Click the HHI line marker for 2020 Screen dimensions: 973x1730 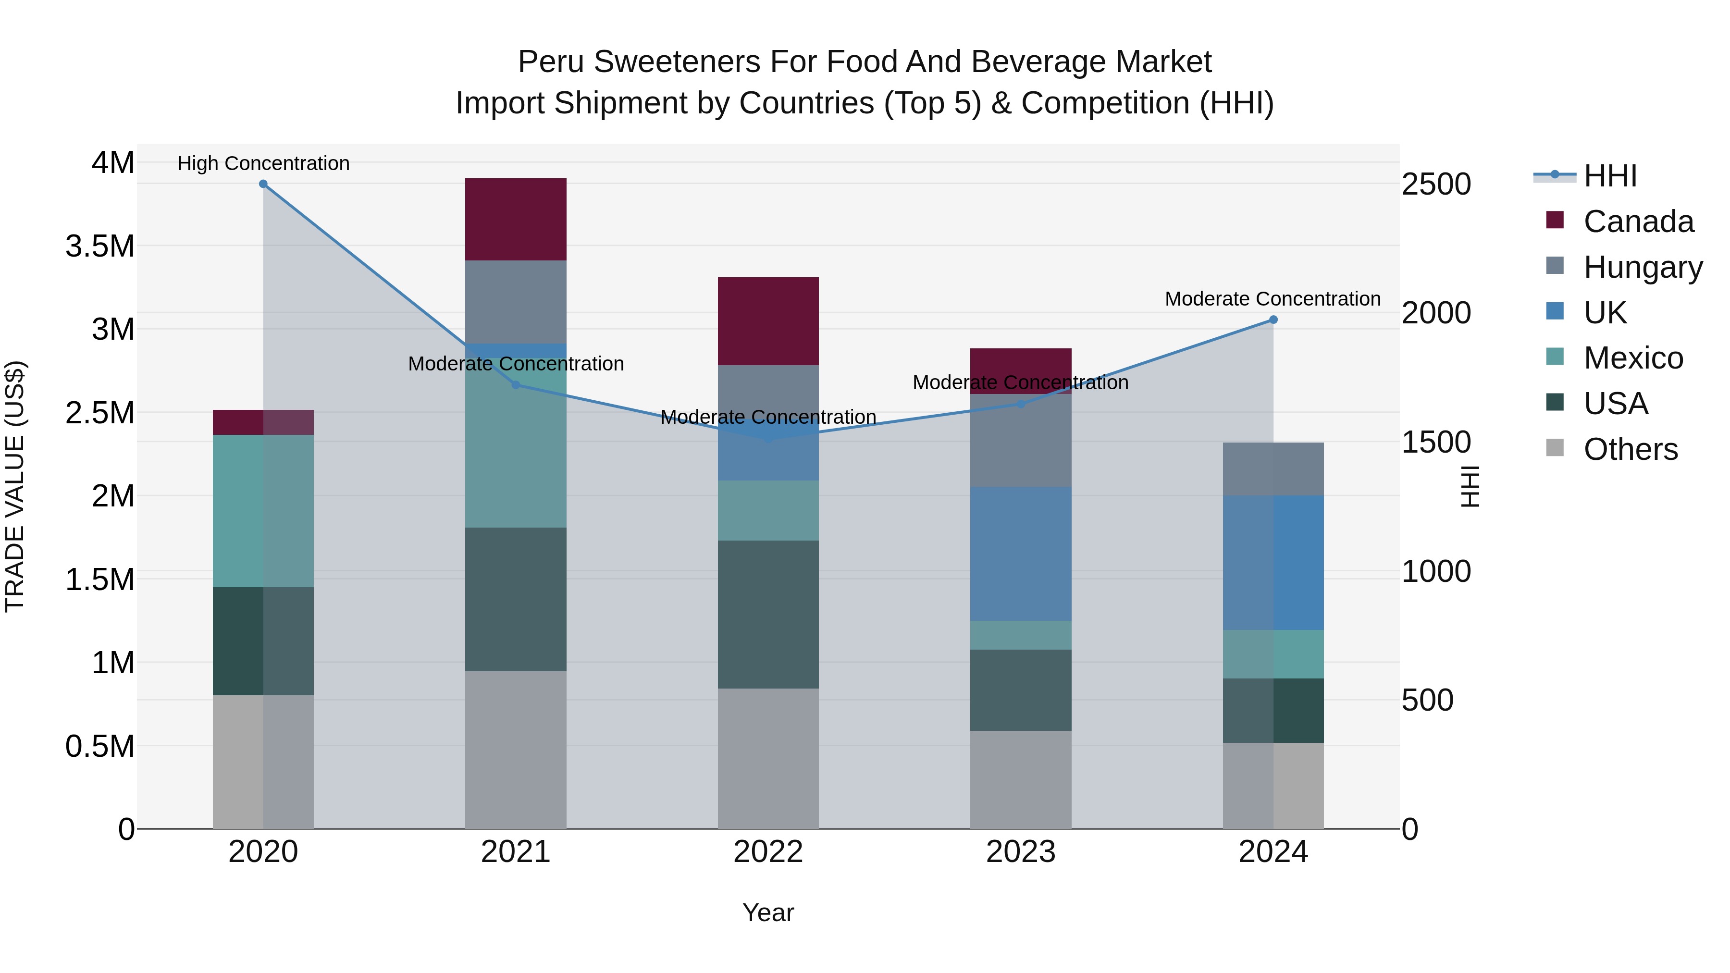click(263, 184)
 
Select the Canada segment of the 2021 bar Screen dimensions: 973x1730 click(516, 220)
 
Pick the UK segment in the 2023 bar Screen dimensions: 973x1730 click(1020, 554)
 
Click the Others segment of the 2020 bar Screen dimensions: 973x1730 click(263, 762)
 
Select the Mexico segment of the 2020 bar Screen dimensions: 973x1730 click(263, 511)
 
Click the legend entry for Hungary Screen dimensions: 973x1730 click(1642, 267)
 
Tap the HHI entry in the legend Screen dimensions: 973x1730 click(1610, 176)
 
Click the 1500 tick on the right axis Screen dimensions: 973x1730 click(1436, 443)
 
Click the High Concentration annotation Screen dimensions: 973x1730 click(263, 163)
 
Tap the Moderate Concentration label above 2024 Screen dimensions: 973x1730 click(1272, 299)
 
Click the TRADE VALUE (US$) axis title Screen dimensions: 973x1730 click(15, 486)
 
